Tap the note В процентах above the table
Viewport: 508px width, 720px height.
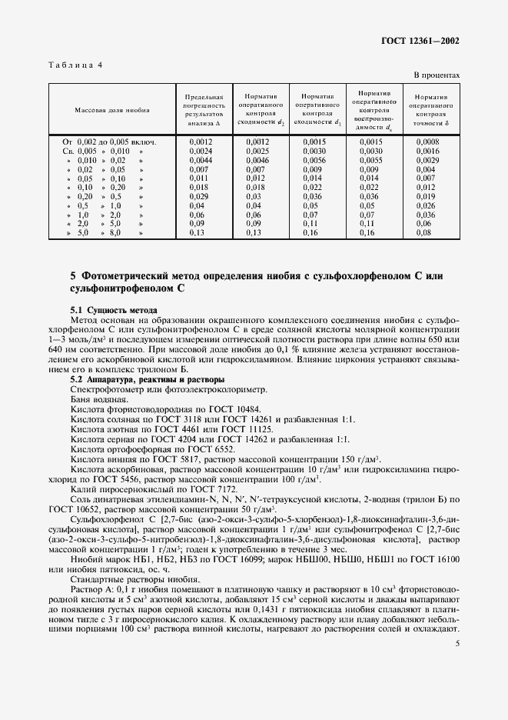[x=437, y=75]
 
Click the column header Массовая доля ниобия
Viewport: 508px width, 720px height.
[x=112, y=110]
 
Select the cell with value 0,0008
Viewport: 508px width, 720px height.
[x=427, y=142]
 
